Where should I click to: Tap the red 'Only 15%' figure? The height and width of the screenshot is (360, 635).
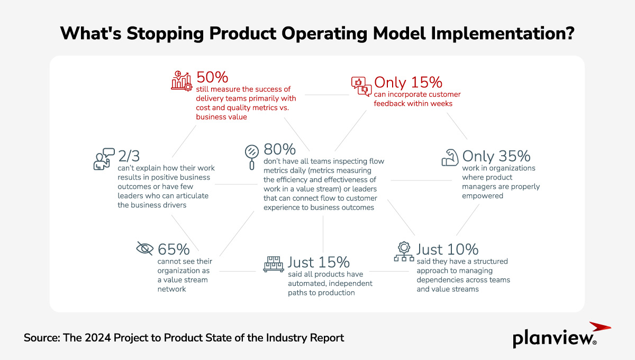tap(408, 83)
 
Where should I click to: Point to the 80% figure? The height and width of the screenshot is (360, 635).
tap(280, 149)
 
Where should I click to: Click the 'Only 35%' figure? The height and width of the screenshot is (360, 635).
tap(496, 156)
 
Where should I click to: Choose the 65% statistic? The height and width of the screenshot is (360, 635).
tap(174, 249)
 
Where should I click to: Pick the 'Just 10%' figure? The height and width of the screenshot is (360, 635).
tap(447, 249)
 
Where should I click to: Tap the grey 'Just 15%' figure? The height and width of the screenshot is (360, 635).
tap(319, 262)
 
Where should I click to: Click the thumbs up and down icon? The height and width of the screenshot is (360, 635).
tap(361, 86)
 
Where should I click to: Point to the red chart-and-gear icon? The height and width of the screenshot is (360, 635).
tap(181, 80)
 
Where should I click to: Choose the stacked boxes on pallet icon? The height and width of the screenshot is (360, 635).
tap(273, 264)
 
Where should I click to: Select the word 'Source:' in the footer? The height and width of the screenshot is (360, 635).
tap(42, 337)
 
